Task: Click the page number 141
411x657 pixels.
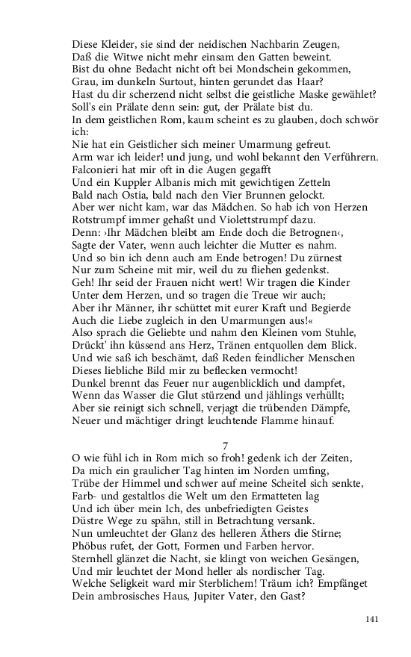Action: pyautogui.click(x=373, y=619)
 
